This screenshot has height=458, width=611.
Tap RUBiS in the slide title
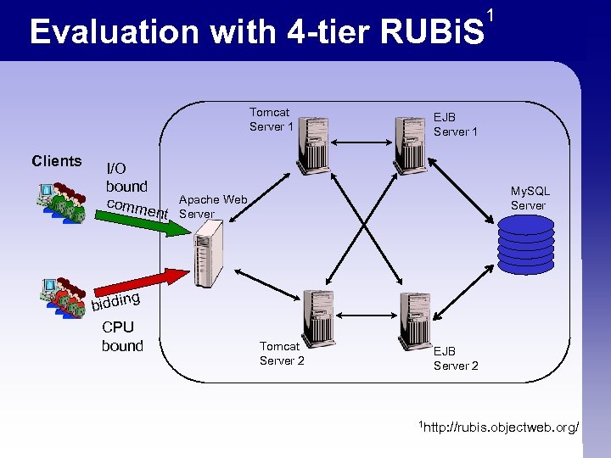click(433, 32)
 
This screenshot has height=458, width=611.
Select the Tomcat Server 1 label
click(271, 120)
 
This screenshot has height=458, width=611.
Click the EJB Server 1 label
click(455, 125)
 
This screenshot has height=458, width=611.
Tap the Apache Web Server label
click(212, 207)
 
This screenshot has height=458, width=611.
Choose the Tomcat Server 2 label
click(281, 353)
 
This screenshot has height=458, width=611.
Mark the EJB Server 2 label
click(456, 358)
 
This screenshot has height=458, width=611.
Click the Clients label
click(56, 161)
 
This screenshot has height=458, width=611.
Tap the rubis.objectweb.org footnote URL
click(501, 427)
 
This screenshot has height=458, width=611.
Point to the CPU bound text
click(122, 337)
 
